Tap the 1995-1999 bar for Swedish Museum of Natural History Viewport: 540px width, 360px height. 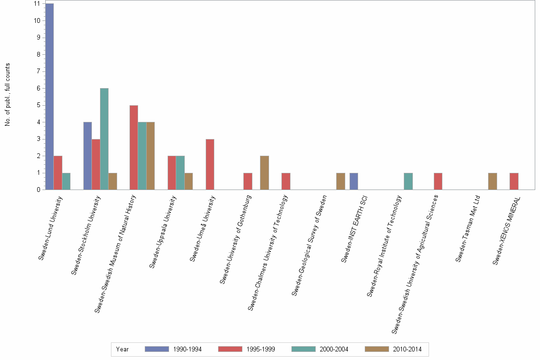point(134,148)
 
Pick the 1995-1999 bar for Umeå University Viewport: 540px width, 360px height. point(210,164)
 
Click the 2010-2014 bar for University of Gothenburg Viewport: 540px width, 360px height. point(264,173)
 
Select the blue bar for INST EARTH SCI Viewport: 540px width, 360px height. point(354,181)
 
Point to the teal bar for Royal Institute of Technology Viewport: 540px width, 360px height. point(408,181)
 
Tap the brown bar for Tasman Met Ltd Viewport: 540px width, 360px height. point(492,181)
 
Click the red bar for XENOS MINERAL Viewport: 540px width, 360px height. point(514,181)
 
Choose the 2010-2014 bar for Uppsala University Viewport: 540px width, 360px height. point(189,181)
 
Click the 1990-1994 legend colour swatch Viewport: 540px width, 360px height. point(157,349)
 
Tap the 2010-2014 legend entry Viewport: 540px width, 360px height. point(407,349)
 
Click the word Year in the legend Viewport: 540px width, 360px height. point(122,349)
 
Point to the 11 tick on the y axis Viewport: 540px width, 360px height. point(37,4)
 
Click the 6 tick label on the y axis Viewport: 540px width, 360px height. point(37,89)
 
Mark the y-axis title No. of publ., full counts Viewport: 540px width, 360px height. point(8,94)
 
